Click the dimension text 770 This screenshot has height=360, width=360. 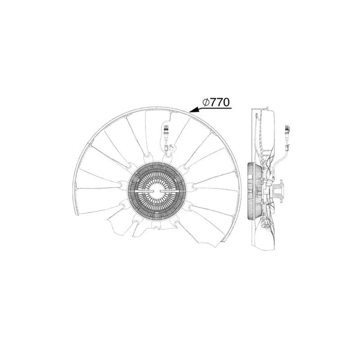[220, 103]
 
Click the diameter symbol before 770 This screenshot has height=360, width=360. [206, 103]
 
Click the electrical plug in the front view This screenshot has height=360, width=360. [166, 131]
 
